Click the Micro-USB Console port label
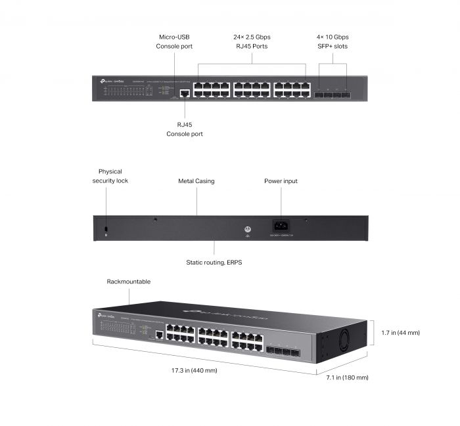point(174,41)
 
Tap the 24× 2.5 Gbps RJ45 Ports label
point(252,41)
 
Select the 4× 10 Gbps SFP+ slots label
point(332,41)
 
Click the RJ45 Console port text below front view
point(185,129)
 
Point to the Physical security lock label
point(110,176)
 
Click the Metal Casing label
point(196,181)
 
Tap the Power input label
point(281,181)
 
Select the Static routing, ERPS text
point(214,262)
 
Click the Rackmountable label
point(129,282)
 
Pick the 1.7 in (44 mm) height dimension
point(400,333)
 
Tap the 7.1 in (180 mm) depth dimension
point(347,377)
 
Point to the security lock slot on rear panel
point(106,228)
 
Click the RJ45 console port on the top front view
point(185,93)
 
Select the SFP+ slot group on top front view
point(332,94)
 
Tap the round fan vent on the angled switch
point(346,342)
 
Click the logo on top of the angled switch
point(223,312)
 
